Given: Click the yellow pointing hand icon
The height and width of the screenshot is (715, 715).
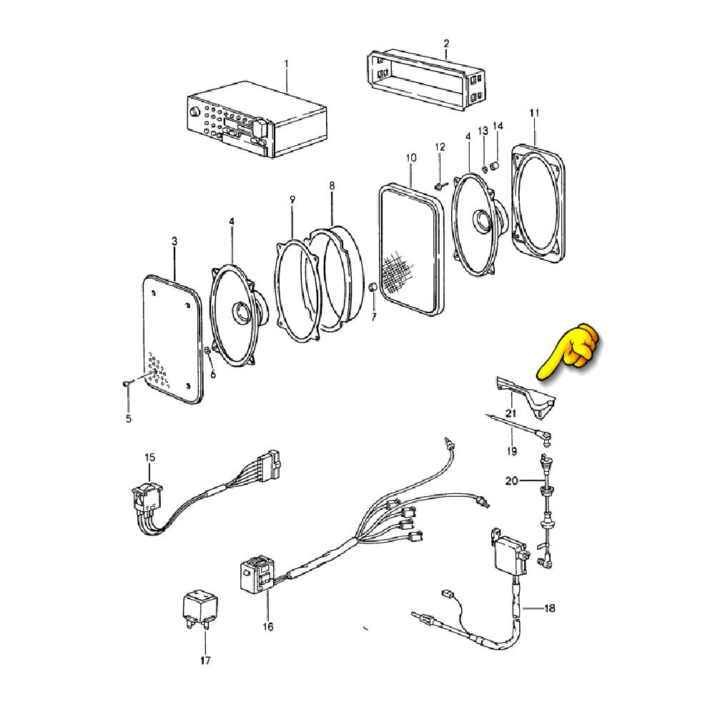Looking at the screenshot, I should pyautogui.click(x=572, y=350).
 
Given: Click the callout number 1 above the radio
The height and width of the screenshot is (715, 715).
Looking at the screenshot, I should pyautogui.click(x=286, y=64).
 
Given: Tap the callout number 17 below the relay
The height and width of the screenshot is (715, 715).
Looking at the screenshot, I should pyautogui.click(x=205, y=660).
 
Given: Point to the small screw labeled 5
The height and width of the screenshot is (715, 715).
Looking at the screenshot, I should pyautogui.click(x=127, y=385).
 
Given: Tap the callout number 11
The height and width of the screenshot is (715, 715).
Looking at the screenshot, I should pyautogui.click(x=534, y=114).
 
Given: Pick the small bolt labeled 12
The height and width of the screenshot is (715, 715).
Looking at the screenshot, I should pyautogui.click(x=438, y=186).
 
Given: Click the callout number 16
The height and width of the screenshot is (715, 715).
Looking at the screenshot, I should pyautogui.click(x=267, y=627).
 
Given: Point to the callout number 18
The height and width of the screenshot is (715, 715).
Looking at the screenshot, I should pyautogui.click(x=548, y=609).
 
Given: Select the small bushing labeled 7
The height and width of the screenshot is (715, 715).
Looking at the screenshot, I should pyautogui.click(x=373, y=287).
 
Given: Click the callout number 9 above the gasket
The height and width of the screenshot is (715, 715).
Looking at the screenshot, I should pyautogui.click(x=292, y=199).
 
